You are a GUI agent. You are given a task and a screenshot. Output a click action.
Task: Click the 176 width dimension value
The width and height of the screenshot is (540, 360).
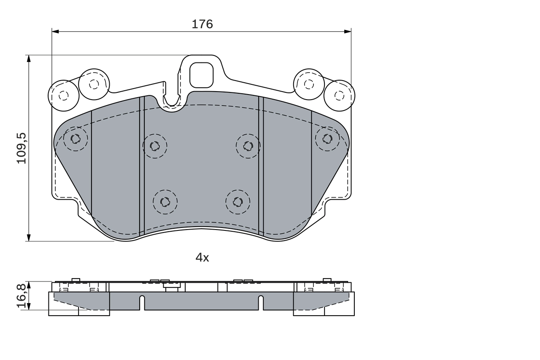[202, 24]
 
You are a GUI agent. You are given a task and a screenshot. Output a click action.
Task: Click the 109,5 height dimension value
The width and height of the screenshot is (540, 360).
[22, 148]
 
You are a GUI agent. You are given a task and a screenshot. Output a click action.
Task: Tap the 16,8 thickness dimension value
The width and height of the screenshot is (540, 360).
[22, 295]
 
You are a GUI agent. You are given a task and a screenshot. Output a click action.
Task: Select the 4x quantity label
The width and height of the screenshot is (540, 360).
[202, 257]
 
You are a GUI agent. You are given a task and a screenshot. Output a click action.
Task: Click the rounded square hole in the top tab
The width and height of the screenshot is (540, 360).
[202, 75]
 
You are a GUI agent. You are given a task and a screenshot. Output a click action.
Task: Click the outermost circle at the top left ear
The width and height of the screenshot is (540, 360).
[64, 95]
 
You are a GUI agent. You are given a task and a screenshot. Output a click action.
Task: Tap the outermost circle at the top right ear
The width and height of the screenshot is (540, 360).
[339, 95]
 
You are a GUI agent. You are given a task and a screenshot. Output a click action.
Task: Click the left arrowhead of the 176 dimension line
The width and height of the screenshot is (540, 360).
[55, 31]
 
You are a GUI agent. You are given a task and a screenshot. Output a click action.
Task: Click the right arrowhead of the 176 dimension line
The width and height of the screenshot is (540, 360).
[348, 31]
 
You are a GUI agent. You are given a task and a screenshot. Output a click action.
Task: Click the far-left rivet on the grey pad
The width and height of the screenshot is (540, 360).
[76, 138]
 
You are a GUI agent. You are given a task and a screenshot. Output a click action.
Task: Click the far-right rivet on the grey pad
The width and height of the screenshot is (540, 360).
[327, 138]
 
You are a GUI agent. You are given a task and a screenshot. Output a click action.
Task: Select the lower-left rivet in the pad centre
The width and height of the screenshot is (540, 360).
[165, 202]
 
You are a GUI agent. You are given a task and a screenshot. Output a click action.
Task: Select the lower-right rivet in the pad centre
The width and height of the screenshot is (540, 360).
[238, 202]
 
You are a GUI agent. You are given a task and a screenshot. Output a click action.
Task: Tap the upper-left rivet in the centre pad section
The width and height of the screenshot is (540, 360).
[155, 146]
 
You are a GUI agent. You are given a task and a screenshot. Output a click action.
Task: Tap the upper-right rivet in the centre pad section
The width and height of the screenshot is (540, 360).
[248, 146]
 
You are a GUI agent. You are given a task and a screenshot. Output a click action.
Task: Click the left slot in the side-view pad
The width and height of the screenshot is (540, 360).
[142, 303]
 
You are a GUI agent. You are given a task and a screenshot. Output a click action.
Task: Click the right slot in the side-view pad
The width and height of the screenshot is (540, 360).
[261, 303]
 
